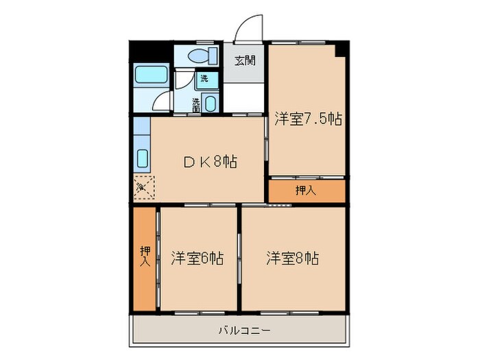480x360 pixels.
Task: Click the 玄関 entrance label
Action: [x=245, y=60]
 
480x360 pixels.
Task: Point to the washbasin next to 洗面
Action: [x=210, y=104]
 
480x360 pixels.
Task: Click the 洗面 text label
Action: [x=197, y=104]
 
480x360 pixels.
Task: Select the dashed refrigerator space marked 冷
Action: [x=145, y=186]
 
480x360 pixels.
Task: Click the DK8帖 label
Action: [x=210, y=162]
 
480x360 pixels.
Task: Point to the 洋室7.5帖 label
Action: [x=308, y=119]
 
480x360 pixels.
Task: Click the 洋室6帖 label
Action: [x=197, y=259]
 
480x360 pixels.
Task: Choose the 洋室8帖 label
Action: [x=293, y=259]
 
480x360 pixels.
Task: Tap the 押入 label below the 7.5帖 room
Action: [x=306, y=191]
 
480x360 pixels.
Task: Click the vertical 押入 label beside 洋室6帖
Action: [x=145, y=256]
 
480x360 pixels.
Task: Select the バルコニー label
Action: [x=245, y=330]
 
